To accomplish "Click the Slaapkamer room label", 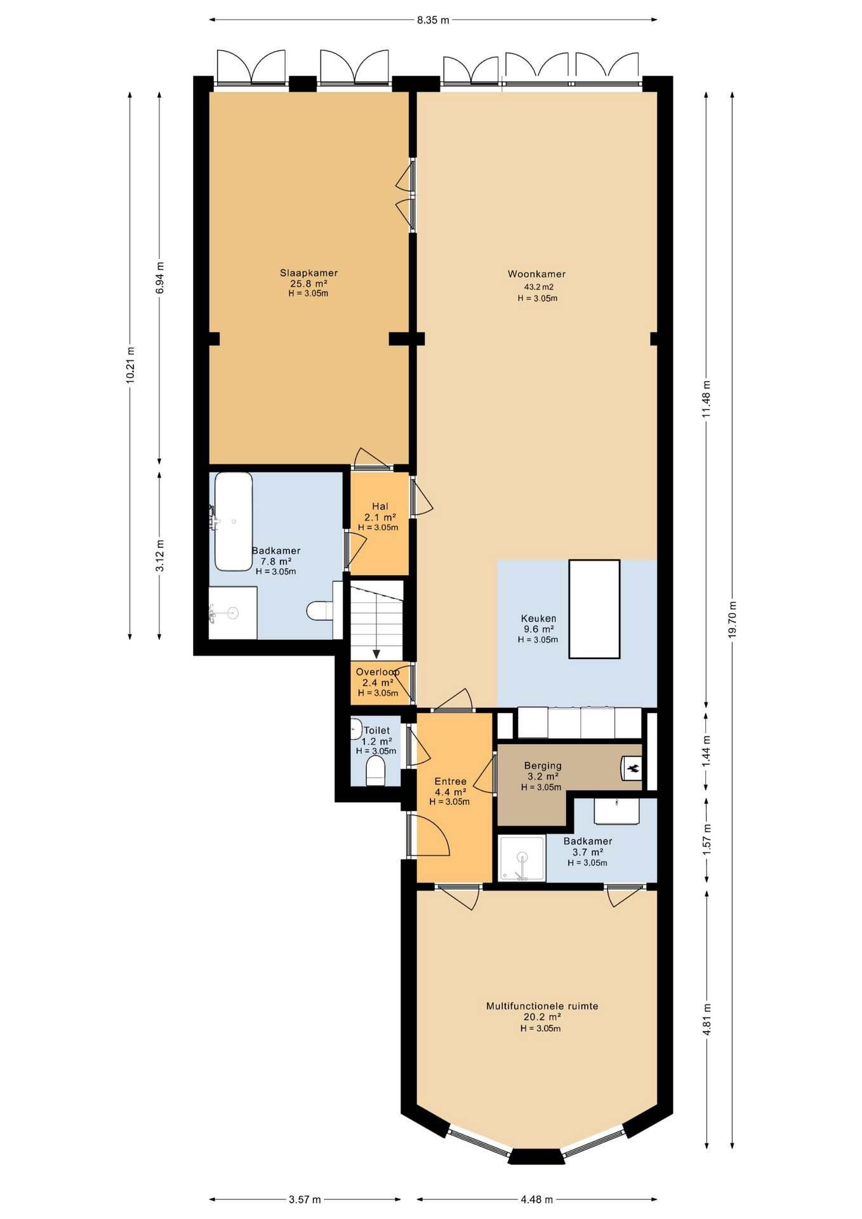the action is pos(309,273).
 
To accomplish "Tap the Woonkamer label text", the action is pos(536,274).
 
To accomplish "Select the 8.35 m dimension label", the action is pos(433,20).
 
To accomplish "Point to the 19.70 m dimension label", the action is pos(733,619).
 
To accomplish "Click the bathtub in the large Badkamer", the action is pos(234,521).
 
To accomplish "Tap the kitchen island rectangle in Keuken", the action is pos(594,609).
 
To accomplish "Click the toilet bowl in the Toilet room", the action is pos(376,770).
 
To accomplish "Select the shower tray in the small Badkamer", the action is pos(522,858).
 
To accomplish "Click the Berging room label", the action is pos(543,766).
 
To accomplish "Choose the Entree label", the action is pos(450,782).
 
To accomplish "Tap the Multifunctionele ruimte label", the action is pos(542,1006).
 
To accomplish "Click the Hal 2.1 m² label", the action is pos(380,512).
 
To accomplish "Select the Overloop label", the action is pos(378,672).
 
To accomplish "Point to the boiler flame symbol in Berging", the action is pos(632,769).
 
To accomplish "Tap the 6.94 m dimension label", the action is pos(160,277).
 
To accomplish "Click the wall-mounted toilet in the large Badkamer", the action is pos(319,611).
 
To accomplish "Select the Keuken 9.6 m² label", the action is pos(538,623).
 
